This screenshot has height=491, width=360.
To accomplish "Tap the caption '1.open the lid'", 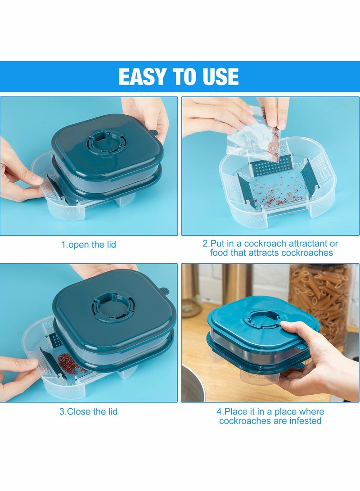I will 89,245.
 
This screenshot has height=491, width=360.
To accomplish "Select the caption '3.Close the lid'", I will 89,411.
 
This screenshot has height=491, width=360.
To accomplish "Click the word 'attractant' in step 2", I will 315,243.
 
